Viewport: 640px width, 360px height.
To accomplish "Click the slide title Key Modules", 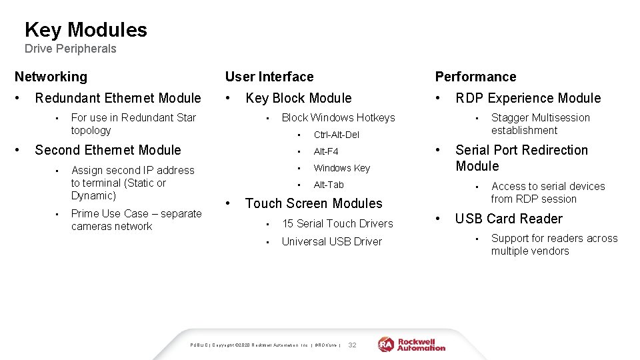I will pos(85,30).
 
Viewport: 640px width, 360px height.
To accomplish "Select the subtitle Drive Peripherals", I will pos(70,49).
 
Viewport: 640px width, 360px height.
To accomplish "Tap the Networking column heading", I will pos(51,77).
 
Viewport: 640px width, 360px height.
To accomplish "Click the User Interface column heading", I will pos(269,77).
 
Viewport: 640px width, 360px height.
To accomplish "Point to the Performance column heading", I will pos(475,77).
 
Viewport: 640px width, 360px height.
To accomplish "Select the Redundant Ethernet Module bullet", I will pos(117,98).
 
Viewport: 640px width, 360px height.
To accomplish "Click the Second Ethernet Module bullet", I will pos(107,150).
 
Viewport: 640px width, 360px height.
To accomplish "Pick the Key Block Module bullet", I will pos(298,98).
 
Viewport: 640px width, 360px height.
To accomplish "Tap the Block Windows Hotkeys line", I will pos(338,117).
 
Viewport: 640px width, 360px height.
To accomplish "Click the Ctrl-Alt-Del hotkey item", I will pos(336,135).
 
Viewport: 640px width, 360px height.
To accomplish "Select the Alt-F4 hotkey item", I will pos(326,151).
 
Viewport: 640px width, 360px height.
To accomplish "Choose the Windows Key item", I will pos(341,168).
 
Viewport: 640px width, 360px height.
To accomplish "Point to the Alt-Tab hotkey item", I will pos(329,185).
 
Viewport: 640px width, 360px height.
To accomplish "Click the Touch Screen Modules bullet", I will pos(313,203).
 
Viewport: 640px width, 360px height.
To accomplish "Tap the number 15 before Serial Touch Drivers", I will pos(287,223).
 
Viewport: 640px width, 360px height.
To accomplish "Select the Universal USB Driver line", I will pos(331,241).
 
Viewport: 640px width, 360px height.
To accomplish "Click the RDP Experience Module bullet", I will pos(528,98).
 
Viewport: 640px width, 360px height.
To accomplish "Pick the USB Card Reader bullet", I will pos(509,219).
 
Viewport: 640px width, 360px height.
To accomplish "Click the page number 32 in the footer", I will pos(353,345).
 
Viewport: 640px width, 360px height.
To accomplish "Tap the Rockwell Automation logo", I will pos(412,344).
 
